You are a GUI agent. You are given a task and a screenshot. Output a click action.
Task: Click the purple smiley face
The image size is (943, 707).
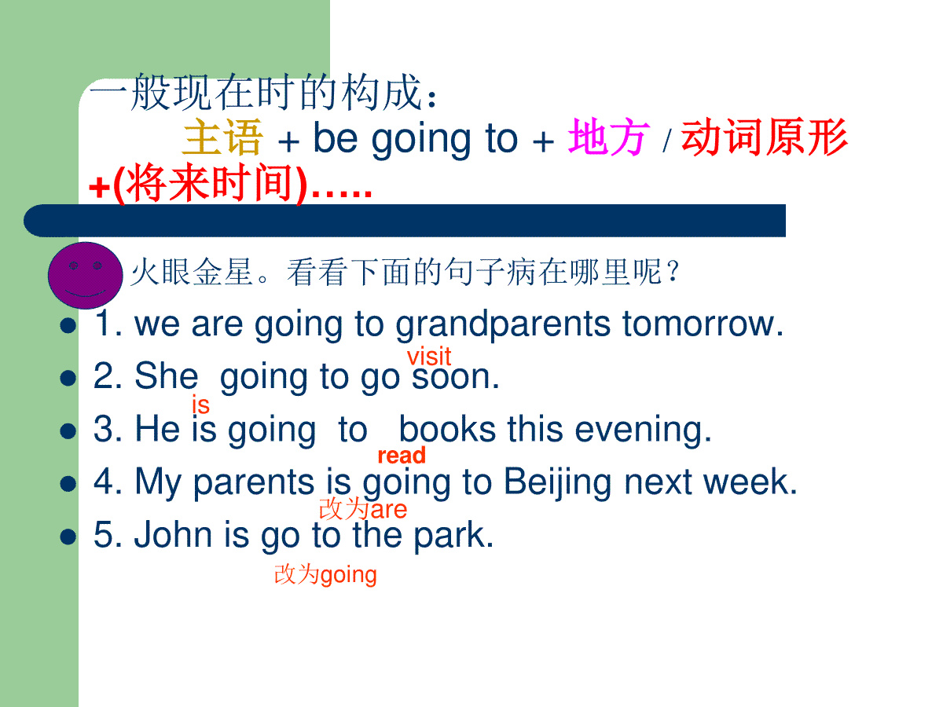tap(85, 275)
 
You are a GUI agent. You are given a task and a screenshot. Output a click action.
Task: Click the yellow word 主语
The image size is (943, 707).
tap(222, 137)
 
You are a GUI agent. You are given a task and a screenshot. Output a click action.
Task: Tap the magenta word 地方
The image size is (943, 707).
tap(608, 137)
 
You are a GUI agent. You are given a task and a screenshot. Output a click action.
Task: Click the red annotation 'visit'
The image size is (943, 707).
tap(429, 357)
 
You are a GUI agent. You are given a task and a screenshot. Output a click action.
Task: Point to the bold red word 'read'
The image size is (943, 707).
tap(402, 455)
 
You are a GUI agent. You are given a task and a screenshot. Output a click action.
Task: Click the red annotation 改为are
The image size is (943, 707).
tap(363, 510)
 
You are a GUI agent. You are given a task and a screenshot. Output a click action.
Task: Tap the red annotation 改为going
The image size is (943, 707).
tap(325, 575)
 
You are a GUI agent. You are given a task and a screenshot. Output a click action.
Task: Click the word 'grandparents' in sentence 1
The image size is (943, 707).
tap(503, 325)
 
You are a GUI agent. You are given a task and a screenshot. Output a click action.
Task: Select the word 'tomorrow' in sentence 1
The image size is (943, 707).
tap(699, 324)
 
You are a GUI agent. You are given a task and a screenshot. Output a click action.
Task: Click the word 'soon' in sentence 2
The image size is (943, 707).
tap(450, 377)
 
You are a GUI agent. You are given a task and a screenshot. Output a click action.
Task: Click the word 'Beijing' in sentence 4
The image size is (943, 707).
tap(558, 483)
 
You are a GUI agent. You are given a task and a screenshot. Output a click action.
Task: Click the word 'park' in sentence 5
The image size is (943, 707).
tap(449, 537)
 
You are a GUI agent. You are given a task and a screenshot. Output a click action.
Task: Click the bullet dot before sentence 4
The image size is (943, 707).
tap(68, 483)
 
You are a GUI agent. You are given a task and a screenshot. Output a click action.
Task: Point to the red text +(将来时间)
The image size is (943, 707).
tap(198, 184)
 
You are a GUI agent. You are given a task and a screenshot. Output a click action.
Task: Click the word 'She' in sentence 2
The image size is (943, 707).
tap(167, 375)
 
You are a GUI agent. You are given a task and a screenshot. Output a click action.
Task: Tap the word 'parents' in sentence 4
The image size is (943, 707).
tap(254, 484)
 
